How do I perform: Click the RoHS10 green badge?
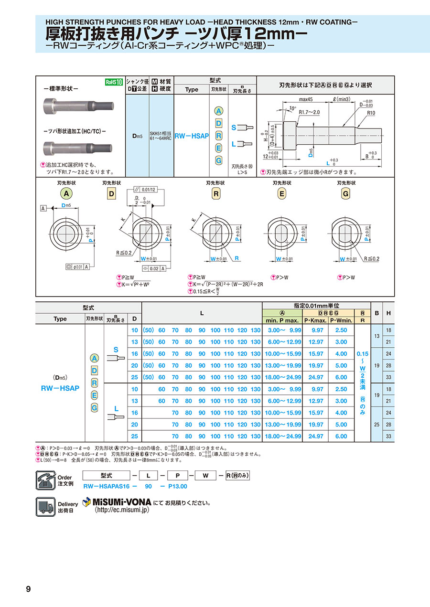point(114,82)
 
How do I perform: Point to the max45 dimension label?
point(306,99)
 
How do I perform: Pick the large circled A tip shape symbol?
point(66,193)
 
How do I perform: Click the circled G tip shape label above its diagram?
point(345,193)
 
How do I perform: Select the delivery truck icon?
point(45,506)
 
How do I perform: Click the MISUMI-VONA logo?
point(117,502)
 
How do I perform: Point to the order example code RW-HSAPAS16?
point(104,486)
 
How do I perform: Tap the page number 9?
point(28,589)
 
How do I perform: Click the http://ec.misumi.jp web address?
point(122,510)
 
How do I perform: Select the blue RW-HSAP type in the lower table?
point(60,388)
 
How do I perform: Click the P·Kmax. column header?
point(315,320)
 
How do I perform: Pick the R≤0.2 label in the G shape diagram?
point(371,258)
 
